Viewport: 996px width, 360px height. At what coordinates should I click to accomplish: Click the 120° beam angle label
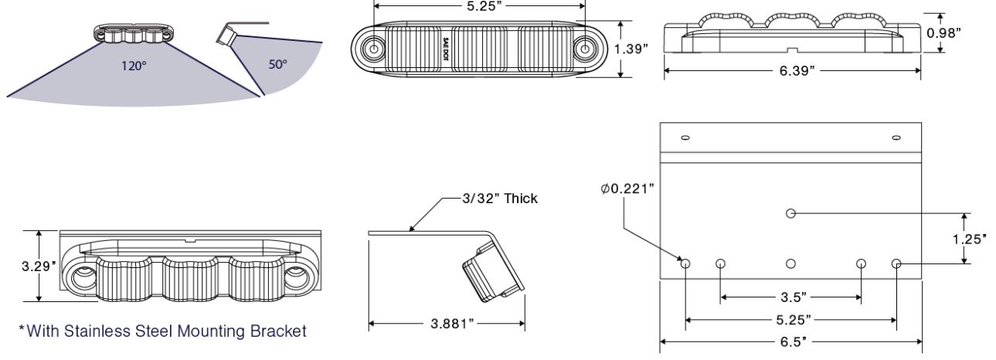pyautogui.click(x=134, y=66)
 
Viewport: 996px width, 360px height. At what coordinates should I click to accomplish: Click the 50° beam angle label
pyautogui.click(x=278, y=64)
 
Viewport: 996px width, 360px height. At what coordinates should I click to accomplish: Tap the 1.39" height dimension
pyautogui.click(x=631, y=49)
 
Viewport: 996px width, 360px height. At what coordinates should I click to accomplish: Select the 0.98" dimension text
pyautogui.click(x=944, y=33)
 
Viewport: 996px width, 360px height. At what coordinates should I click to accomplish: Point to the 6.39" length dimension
pyautogui.click(x=797, y=70)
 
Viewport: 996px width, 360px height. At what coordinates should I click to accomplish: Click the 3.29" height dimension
pyautogui.click(x=39, y=267)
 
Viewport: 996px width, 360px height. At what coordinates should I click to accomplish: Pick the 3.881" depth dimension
pyautogui.click(x=452, y=324)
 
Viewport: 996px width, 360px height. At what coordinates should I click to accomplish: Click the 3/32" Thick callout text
pyautogui.click(x=500, y=199)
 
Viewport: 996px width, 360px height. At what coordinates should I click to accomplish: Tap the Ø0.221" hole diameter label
pyautogui.click(x=627, y=189)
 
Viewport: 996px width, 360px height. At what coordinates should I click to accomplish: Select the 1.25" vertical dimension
pyautogui.click(x=969, y=239)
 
